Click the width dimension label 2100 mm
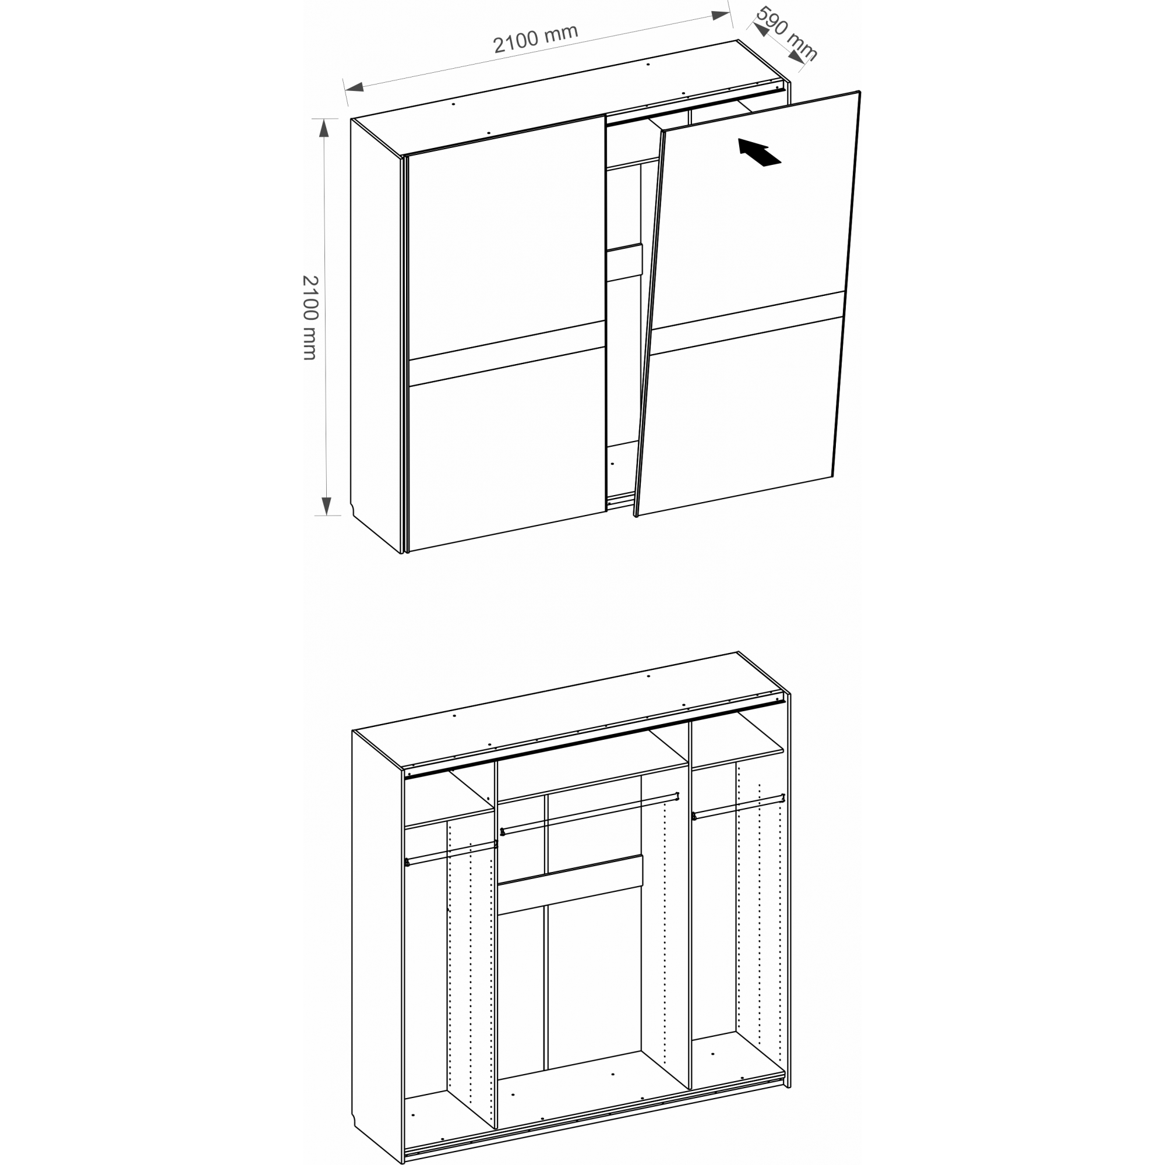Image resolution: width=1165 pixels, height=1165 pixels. coord(535,38)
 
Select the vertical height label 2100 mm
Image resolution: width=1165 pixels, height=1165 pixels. coord(309,318)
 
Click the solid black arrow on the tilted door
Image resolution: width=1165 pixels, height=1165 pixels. coord(759,151)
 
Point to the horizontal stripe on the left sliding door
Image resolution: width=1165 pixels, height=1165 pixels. coord(507,354)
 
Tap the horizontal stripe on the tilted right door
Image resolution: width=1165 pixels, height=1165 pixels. coord(747,323)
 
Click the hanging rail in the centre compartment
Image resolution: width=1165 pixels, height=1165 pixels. coord(589,813)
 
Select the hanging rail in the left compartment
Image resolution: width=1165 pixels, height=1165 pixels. coord(451,853)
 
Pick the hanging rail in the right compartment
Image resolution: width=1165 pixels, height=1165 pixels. coord(738,806)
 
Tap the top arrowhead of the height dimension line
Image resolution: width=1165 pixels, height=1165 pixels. coord(324,128)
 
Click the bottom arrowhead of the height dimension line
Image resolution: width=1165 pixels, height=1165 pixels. coord(326,506)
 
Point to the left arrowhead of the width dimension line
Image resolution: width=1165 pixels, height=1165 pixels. coord(354,87)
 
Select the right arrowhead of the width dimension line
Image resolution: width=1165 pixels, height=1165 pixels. coord(721,15)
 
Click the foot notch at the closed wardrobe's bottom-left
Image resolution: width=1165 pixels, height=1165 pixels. coord(354,510)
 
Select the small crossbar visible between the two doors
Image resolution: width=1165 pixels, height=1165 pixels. coord(624,263)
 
